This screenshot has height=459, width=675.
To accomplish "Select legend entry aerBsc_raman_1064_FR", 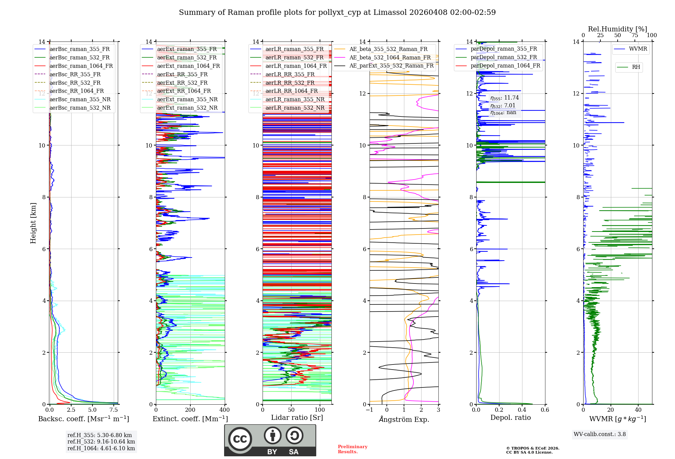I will pos(81,66).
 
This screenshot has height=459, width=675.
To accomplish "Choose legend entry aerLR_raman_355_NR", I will pos(295,99).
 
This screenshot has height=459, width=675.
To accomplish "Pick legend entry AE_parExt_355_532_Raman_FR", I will pos(391,65).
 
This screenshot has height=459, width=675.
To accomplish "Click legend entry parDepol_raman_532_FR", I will pos(504,57).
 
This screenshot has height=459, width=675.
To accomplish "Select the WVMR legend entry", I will pos(638,49).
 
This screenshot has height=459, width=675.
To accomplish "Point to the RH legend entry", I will pos(636,67).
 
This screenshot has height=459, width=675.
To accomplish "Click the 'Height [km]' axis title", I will pos(33,223).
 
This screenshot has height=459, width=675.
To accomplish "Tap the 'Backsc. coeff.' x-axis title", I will pos(83,419).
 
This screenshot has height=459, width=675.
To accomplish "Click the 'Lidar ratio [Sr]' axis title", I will pos(297,417).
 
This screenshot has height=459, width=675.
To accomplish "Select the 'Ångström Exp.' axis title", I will pos(404,420).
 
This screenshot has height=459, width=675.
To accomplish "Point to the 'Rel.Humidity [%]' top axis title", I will pos(617,29).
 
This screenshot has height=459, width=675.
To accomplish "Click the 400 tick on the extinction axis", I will pos(224,410).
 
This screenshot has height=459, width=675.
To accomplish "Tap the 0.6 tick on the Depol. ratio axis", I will pos(545,410).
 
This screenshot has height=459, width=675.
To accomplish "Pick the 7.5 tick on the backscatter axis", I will pos(114,410).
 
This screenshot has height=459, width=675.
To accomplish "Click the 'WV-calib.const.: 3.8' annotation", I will pos(600,434).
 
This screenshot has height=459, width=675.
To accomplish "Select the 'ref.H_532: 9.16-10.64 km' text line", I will pos(101,441).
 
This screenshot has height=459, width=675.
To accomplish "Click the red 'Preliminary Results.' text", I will pos(352,449).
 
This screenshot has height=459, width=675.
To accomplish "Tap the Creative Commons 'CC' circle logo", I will pos(240,439).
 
